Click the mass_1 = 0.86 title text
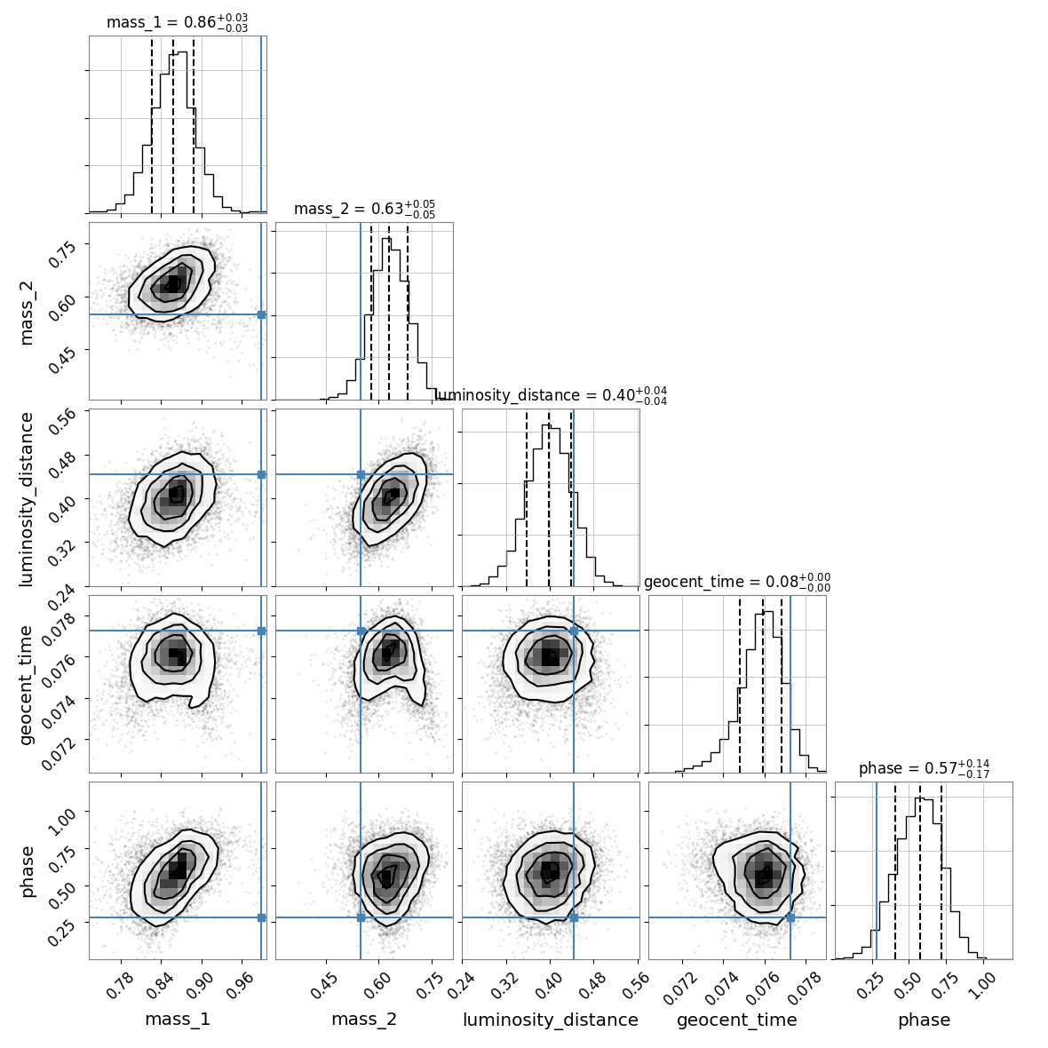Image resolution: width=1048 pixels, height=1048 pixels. [177, 23]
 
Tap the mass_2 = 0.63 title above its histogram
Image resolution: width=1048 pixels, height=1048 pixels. [364, 210]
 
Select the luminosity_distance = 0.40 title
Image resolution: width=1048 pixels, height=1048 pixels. [551, 396]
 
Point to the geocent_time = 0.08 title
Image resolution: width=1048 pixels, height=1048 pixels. [737, 583]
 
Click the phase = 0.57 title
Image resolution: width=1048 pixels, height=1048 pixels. [924, 769]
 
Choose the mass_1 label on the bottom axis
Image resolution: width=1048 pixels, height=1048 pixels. [178, 1020]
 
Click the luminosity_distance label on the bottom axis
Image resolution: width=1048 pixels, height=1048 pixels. [551, 1020]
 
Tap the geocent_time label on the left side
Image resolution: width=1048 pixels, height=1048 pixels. [27, 684]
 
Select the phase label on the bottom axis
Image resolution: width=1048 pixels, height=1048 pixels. [924, 1020]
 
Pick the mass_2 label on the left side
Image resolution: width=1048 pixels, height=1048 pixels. [27, 311]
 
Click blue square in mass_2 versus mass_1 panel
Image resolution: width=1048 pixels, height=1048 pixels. [261, 314]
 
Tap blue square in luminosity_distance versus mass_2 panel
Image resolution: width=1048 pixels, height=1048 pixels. [361, 474]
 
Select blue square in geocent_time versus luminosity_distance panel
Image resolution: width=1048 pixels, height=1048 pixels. [574, 631]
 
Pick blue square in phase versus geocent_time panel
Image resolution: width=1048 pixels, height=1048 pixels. [790, 917]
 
